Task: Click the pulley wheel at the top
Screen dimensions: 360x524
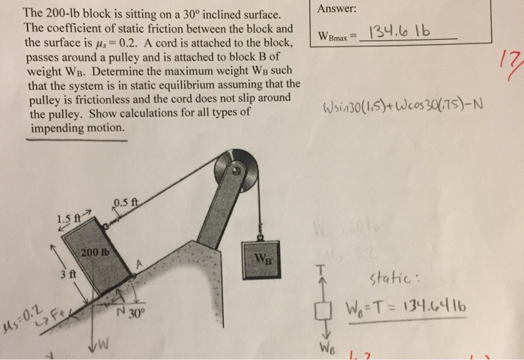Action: (x=233, y=168)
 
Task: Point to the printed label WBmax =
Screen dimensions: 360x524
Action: (x=338, y=36)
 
